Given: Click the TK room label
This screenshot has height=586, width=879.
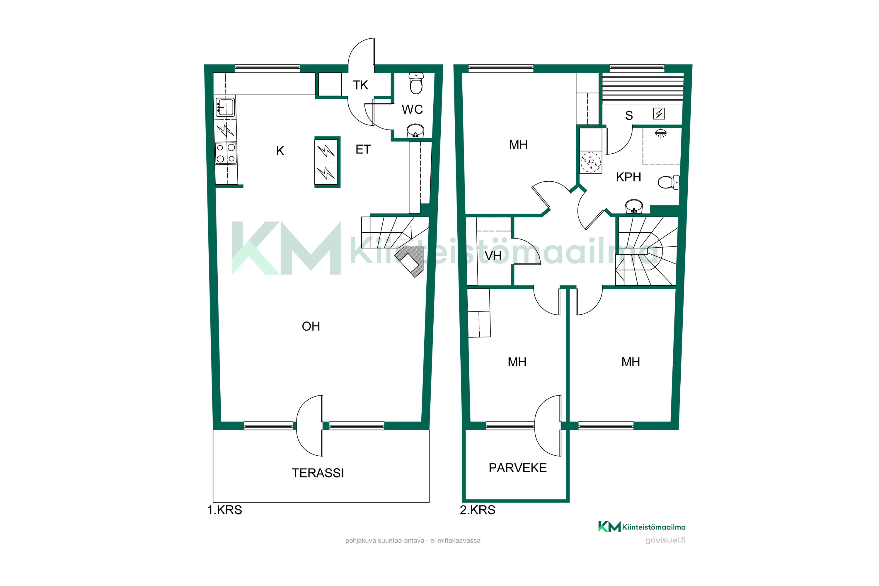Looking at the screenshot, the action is pos(360,85).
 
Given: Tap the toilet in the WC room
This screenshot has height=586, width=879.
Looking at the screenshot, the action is pos(416,83).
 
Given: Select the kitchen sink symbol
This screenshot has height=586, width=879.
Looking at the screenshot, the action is pos(225,107).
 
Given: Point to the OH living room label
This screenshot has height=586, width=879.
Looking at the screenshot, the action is pos(311,326).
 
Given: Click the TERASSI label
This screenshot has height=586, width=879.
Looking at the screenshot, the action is pos(318,473).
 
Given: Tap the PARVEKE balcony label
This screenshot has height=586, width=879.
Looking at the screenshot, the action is pos(518,468).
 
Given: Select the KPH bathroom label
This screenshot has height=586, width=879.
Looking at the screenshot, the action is pos(628,177).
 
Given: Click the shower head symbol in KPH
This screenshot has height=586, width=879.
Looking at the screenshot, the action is pos(661,133).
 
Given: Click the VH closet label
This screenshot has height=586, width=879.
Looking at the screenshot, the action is pos(493,255).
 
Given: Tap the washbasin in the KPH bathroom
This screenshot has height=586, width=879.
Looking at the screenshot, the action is pos(634,206).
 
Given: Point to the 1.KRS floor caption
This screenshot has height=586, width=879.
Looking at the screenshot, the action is pos(225,510).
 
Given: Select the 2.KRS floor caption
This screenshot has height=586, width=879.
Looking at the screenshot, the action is pos(477,510).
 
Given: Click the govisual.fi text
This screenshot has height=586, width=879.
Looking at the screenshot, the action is pos(666,540).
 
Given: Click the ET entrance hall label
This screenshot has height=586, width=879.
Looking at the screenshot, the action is pos(363,149).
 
